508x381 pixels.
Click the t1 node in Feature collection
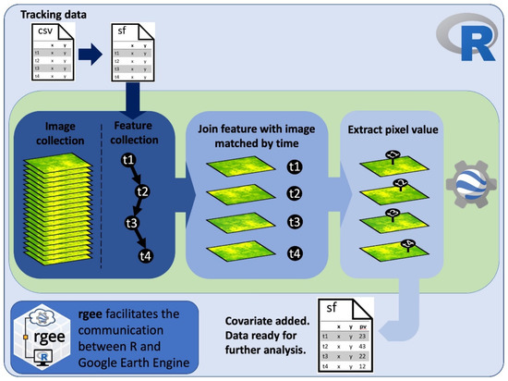[128, 160]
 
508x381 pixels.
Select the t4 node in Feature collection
[145, 256]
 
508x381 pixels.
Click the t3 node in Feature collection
[132, 223]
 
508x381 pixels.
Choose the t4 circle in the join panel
[295, 252]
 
